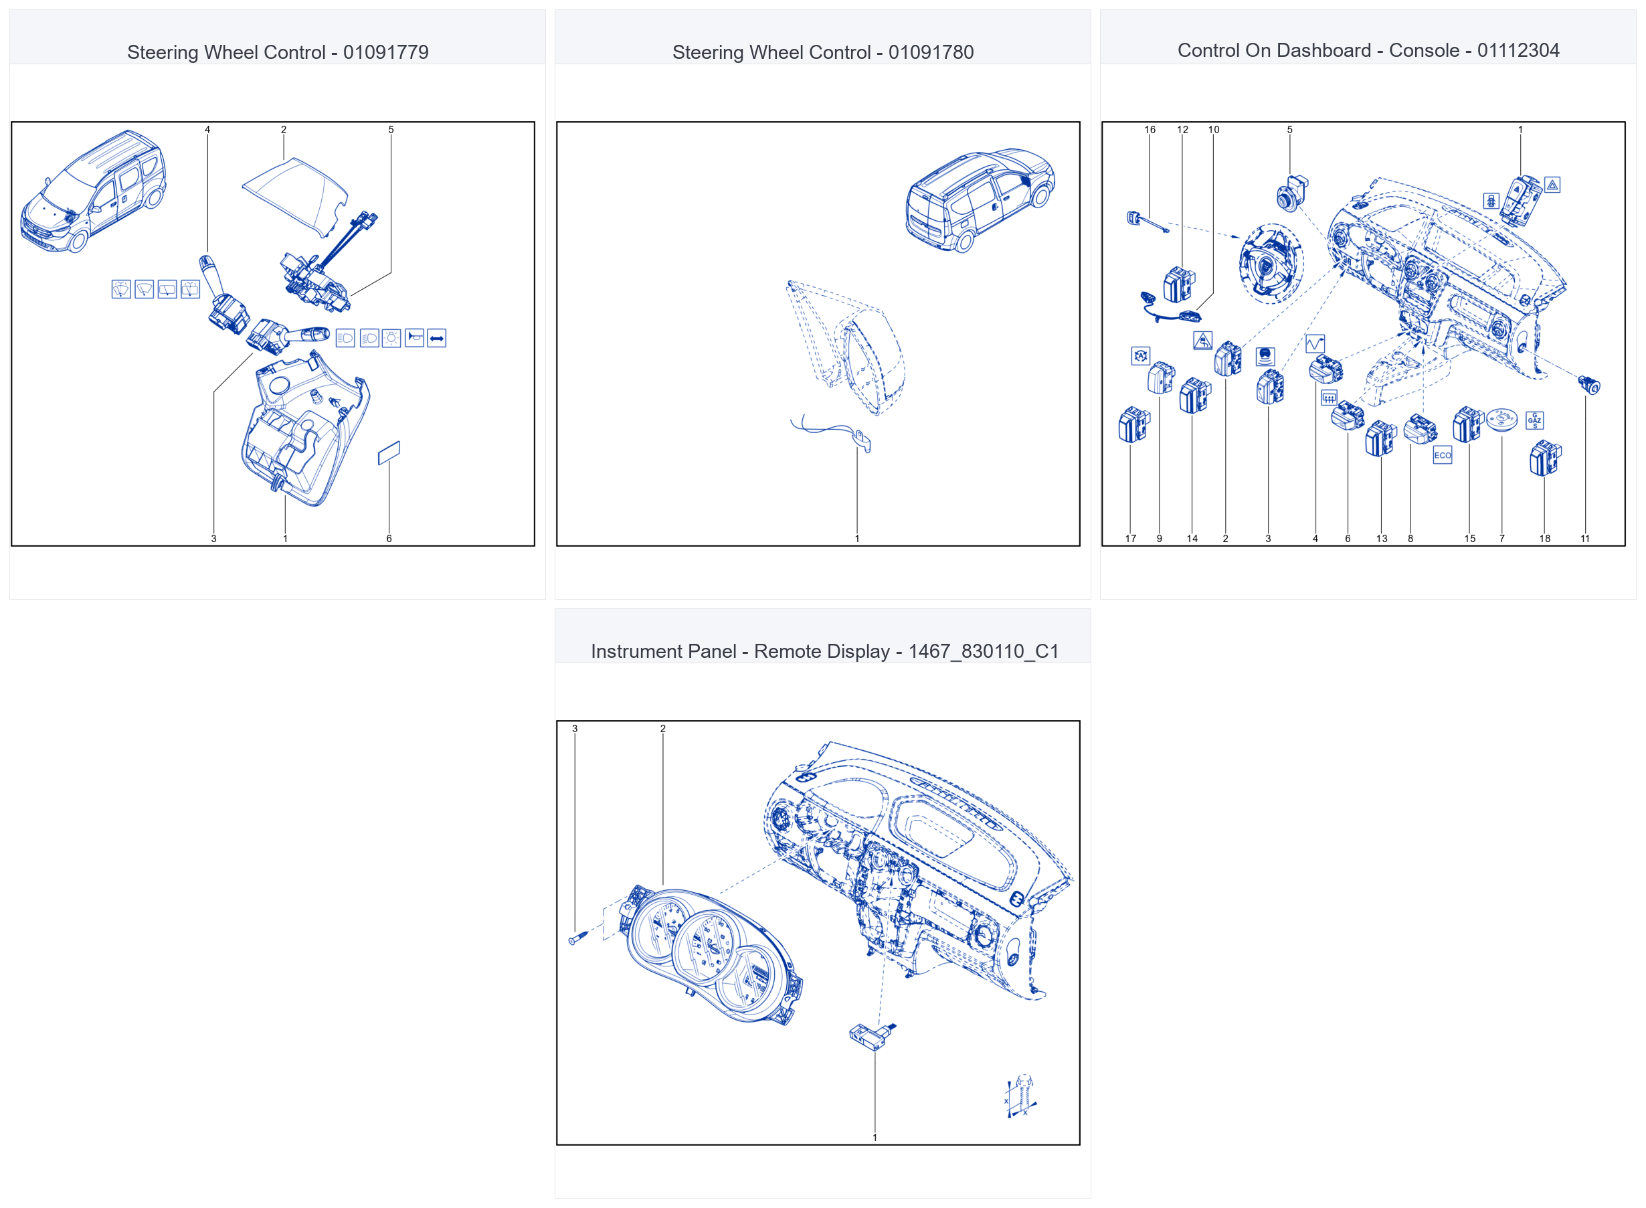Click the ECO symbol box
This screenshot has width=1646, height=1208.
pyautogui.click(x=1441, y=455)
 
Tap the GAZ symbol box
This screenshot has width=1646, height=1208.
pyautogui.click(x=1534, y=420)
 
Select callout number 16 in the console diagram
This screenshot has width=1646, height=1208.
pyautogui.click(x=1150, y=129)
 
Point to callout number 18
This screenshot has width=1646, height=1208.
pyautogui.click(x=1544, y=538)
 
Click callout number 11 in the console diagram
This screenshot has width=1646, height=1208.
pyautogui.click(x=1585, y=538)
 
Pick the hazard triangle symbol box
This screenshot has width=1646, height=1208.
pyautogui.click(x=1552, y=185)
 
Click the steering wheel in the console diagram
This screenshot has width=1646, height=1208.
pyautogui.click(x=1271, y=263)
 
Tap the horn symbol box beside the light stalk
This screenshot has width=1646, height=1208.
pyautogui.click(x=414, y=337)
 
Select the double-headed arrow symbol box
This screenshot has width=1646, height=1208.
pyautogui.click(x=437, y=338)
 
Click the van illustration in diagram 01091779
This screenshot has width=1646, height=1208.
pyautogui.click(x=93, y=191)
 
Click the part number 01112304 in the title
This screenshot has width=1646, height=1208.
pyautogui.click(x=1518, y=50)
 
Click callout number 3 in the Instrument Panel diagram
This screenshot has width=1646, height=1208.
pyautogui.click(x=575, y=728)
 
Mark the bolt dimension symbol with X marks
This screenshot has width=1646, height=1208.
pyautogui.click(x=1020, y=1096)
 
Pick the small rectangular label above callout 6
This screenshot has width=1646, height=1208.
pyautogui.click(x=389, y=452)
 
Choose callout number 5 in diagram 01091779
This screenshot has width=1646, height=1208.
pyautogui.click(x=391, y=129)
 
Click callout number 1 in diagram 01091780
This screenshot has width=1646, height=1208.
pyautogui.click(x=857, y=538)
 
